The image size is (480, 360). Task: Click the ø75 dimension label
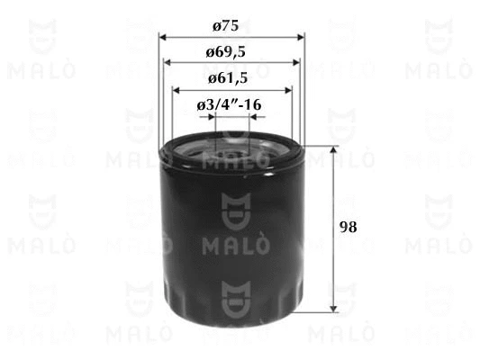click(x=226, y=26)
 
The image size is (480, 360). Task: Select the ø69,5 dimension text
click(x=226, y=52)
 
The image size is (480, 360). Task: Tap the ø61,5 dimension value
click(x=228, y=79)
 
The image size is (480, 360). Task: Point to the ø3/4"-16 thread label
click(x=229, y=105)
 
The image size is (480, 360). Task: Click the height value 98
click(x=348, y=228)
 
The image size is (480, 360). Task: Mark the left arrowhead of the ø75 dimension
click(x=162, y=38)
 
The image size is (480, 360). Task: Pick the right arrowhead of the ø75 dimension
click(x=301, y=38)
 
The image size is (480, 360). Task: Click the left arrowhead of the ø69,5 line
click(x=168, y=63)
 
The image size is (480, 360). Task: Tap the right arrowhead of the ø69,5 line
click(x=296, y=63)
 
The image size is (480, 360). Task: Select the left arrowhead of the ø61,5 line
click(x=176, y=91)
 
